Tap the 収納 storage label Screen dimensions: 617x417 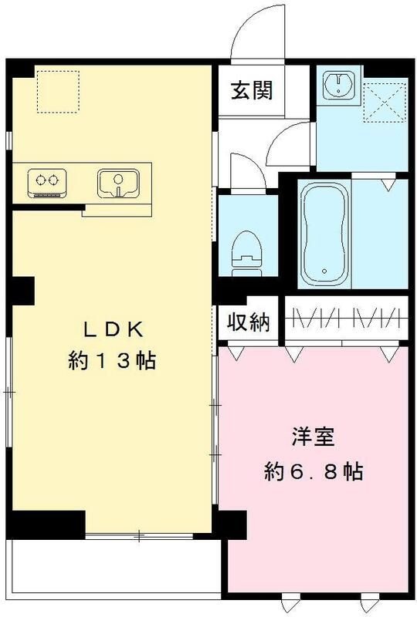(x=247, y=323)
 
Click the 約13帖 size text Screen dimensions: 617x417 (x=113, y=360)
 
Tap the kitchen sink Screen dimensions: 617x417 (x=117, y=184)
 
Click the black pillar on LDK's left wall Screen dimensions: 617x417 (x=21, y=291)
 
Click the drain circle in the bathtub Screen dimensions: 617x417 (x=325, y=271)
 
